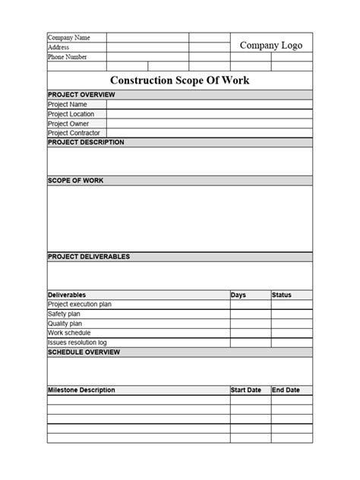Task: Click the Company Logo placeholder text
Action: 271,46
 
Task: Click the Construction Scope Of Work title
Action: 180,80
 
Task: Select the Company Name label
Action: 68,37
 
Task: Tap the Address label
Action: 58,47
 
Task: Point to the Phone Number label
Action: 67,57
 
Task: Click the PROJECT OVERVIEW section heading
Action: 81,94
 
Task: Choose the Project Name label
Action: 67,104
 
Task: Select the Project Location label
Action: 71,114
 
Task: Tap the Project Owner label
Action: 68,123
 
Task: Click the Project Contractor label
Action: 74,133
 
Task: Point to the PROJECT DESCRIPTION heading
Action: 86,142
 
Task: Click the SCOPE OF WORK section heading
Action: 76,181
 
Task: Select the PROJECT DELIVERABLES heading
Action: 89,257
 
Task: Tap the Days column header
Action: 238,295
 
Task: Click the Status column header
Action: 282,295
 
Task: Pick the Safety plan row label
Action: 64,314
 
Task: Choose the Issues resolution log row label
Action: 77,343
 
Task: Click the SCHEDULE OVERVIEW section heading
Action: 84,352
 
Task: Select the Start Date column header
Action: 246,390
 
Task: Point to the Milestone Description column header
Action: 81,390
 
